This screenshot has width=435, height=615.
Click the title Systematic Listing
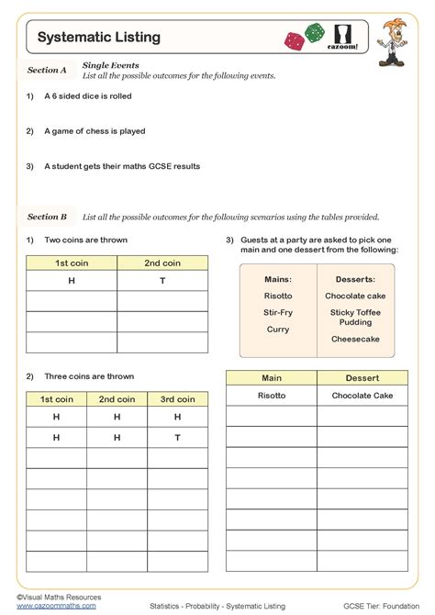(x=99, y=38)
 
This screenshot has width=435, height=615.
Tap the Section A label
(x=47, y=70)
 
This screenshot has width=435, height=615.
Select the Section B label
(x=47, y=217)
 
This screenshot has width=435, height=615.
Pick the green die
(x=315, y=31)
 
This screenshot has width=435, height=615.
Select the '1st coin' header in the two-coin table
(x=72, y=263)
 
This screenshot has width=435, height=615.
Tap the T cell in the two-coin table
(x=162, y=281)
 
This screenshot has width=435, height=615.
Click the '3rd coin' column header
(x=177, y=399)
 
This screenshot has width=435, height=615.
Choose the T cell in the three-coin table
(x=177, y=438)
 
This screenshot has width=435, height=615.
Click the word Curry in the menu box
(x=278, y=329)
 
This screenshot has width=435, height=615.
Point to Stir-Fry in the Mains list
(x=278, y=312)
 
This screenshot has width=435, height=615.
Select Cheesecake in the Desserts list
(x=355, y=339)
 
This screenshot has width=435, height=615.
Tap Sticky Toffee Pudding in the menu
(x=355, y=317)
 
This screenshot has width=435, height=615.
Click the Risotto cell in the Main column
(x=272, y=396)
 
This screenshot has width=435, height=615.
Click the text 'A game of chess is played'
(x=95, y=131)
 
